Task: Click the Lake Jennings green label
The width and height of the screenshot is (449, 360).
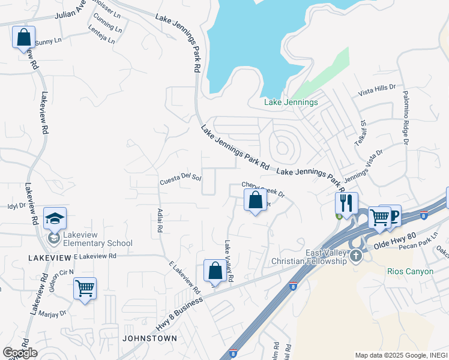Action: (291, 103)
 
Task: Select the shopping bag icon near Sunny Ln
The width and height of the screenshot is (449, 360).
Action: (23, 37)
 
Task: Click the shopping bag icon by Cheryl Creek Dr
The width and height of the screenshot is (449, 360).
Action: (255, 200)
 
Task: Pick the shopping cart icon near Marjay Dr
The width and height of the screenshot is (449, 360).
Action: (85, 289)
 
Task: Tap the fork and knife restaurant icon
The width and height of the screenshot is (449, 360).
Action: (346, 203)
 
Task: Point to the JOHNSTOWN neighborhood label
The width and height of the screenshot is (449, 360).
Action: (149, 338)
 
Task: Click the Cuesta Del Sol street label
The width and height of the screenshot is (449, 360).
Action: (180, 180)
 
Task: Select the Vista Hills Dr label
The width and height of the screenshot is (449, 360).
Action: (377, 91)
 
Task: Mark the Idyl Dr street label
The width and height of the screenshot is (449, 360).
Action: (16, 206)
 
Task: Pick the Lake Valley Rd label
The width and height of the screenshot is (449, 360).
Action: (229, 262)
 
